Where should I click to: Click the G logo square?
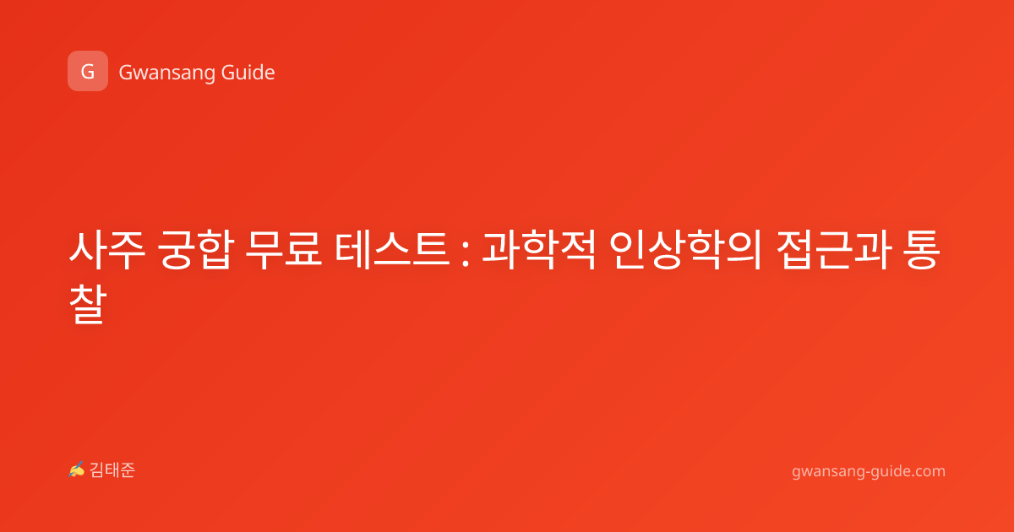click(88, 71)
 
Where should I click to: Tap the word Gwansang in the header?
click(166, 73)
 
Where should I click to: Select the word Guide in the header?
click(248, 72)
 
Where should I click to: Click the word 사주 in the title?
click(107, 250)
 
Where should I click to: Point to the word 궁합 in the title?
click(196, 250)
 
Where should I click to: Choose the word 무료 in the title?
click(284, 250)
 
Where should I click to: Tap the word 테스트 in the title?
click(392, 250)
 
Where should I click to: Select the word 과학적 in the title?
click(539, 250)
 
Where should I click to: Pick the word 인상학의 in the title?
click(685, 250)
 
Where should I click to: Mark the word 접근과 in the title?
click(834, 250)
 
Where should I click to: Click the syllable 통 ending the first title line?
click(922, 250)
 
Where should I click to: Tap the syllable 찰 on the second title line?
click(88, 304)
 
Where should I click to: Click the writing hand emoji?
click(77, 470)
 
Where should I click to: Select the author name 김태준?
click(112, 470)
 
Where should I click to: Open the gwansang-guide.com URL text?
click(869, 472)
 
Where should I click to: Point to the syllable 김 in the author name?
click(97, 470)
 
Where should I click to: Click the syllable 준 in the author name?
click(128, 470)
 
